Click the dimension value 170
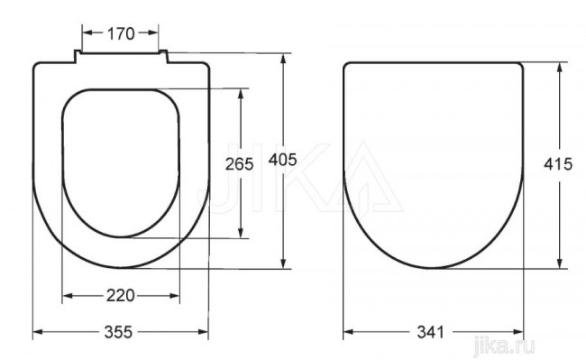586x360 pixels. click(121, 33)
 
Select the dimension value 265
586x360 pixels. click(239, 164)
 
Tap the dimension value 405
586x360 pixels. click(282, 160)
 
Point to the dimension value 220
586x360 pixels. click(120, 296)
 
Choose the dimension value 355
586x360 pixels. click(118, 332)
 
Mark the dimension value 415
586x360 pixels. click(558, 164)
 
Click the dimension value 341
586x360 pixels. click(430, 332)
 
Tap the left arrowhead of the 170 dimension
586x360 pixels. click(87, 32)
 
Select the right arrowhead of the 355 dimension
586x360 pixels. click(204, 332)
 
